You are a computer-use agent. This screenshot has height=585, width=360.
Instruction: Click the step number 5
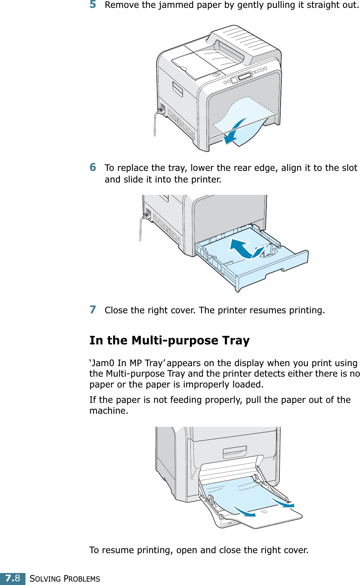93,4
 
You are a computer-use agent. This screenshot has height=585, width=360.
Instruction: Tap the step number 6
93,167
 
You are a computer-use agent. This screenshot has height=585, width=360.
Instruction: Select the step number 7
93,310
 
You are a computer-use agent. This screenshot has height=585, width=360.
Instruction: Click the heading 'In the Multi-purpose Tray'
169,340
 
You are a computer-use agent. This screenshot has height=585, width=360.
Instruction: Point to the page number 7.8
13,578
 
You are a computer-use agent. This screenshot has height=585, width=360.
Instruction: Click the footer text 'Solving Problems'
65,579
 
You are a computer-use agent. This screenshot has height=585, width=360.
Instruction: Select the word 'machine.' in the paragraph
109,411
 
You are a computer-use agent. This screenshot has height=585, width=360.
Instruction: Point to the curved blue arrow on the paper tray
245,248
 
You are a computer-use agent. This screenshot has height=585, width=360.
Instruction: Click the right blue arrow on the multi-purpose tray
283,502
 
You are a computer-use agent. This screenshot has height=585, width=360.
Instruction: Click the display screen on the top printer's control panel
245,76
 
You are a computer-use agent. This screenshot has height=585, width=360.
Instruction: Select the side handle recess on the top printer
178,89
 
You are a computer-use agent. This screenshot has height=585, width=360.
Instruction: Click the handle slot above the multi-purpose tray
235,452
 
